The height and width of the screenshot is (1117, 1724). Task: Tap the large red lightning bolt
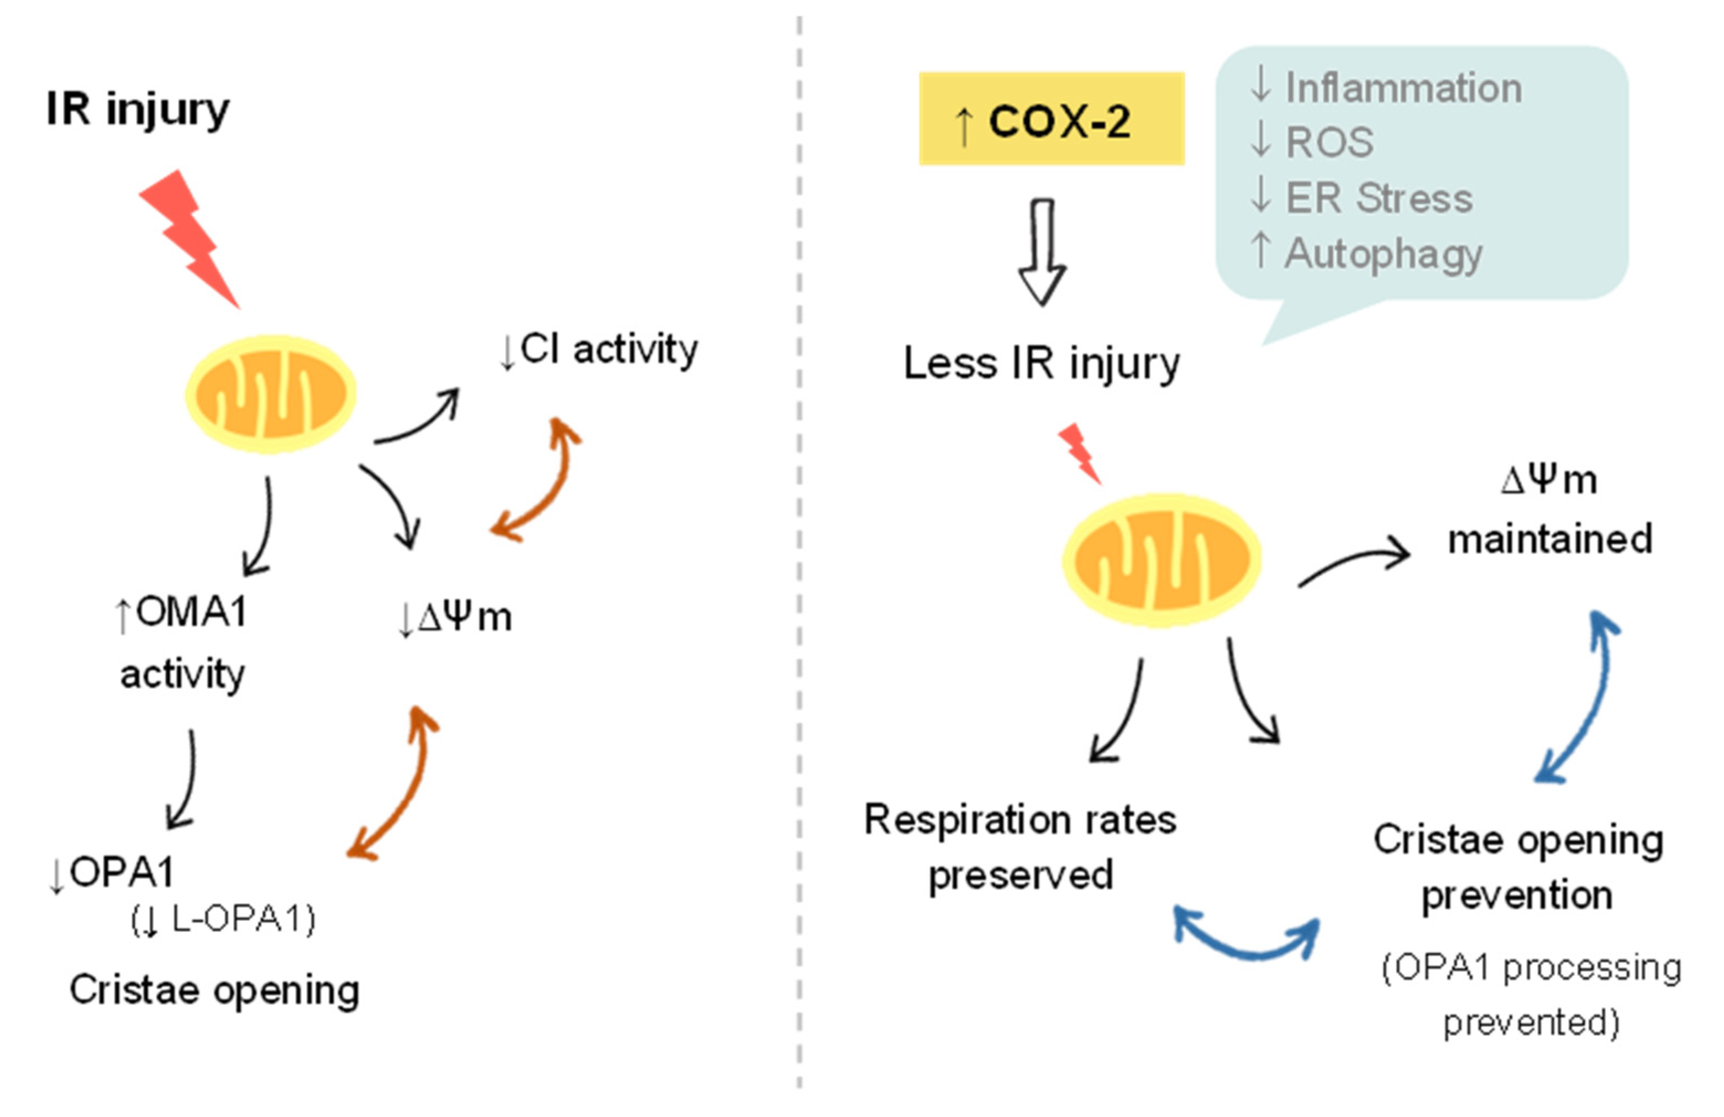tap(190, 236)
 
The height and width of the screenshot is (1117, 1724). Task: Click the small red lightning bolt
tap(1079, 454)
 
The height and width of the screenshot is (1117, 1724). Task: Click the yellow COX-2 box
tap(1051, 119)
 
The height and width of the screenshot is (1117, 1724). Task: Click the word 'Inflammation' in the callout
tap(1403, 88)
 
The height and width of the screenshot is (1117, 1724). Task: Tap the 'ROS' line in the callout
tap(1328, 142)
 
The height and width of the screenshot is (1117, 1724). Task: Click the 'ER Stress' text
tap(1379, 198)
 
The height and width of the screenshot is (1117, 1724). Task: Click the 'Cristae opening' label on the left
tap(214, 990)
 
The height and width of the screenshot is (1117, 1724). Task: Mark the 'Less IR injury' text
tap(1041, 363)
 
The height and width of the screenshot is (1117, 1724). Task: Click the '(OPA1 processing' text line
tap(1531, 968)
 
